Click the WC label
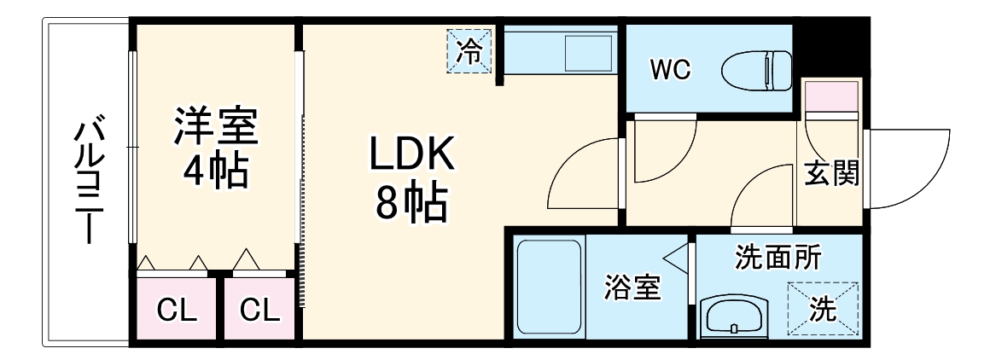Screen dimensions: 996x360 [670, 69]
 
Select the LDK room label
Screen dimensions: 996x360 [413, 154]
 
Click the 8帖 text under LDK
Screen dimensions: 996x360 [411, 202]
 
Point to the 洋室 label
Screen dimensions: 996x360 [216, 127]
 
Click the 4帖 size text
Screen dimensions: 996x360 [216, 170]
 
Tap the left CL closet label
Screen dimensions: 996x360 [178, 311]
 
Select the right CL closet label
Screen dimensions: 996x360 [259, 311]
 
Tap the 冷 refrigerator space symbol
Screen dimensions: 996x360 [469, 51]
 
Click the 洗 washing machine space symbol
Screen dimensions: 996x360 [823, 309]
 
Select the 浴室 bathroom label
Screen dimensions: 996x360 [632, 287]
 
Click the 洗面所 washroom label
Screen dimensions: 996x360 [778, 258]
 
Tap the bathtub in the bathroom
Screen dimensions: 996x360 [550, 287]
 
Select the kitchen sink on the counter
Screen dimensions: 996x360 [589, 52]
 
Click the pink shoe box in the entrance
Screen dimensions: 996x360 [832, 96]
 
